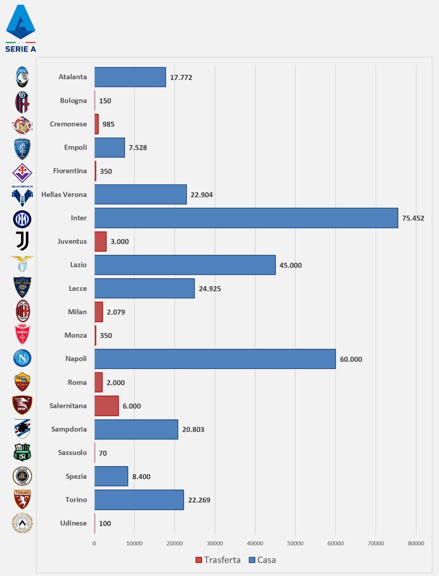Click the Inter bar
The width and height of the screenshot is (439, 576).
pos(246,218)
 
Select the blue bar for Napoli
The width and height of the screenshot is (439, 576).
pos(215,359)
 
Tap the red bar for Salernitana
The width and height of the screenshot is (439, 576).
pos(106,406)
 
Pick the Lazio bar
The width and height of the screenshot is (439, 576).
pos(185,265)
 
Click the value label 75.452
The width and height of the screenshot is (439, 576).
pos(413,218)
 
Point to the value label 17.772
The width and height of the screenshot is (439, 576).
pos(181,77)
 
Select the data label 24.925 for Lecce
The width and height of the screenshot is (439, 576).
pos(210,288)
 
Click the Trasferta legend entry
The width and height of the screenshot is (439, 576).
pos(218,560)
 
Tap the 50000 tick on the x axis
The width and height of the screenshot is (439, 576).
pos(295,543)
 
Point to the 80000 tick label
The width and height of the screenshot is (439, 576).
pos(416,543)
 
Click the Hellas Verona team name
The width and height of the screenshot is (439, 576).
pos(64,194)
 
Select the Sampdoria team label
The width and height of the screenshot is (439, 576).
pos(69,429)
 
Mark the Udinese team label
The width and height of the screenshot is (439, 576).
pos(73,523)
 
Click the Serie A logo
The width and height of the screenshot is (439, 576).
pos(21,28)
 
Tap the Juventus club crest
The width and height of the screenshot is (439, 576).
pos(22,241)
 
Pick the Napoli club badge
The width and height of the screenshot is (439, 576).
pos(22,358)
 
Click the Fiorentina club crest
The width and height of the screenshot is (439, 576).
pos(22,171)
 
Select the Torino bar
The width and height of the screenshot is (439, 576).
pos(139,500)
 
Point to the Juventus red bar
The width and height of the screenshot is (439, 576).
pos(100,242)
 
